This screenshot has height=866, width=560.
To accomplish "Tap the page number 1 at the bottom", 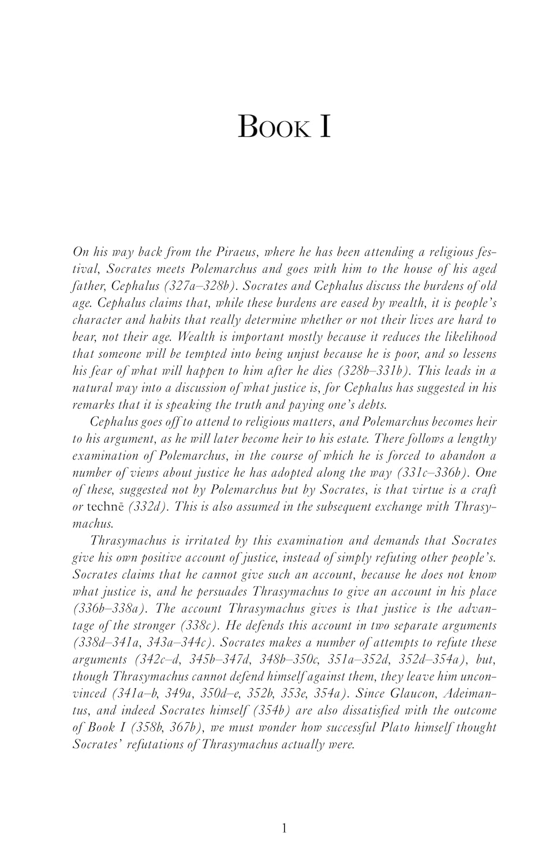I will pyautogui.click(x=283, y=828).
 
